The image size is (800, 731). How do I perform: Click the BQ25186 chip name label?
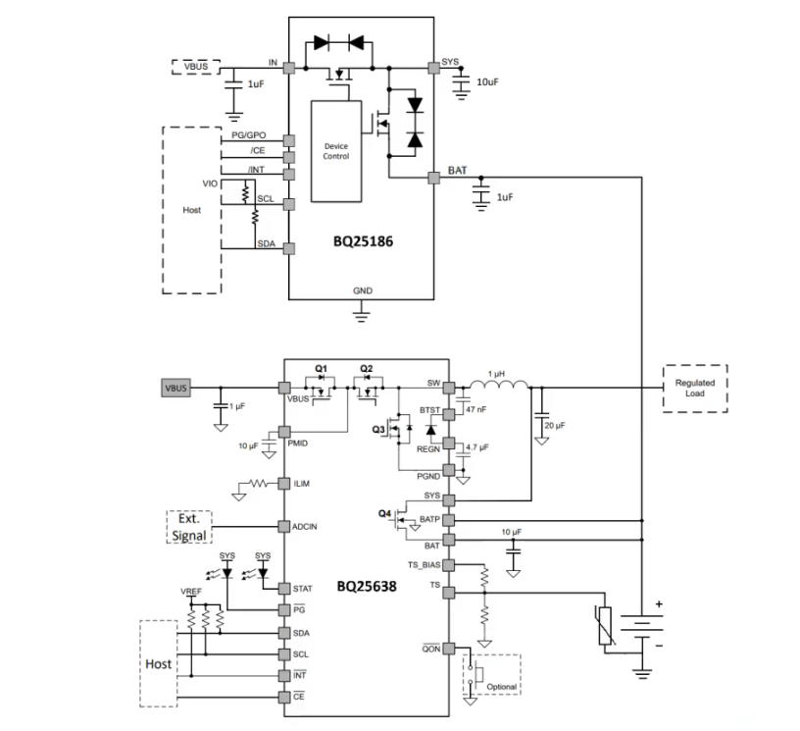pyautogui.click(x=364, y=241)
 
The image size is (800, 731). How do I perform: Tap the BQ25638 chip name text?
pyautogui.click(x=367, y=586)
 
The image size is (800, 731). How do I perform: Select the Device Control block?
pyautogui.click(x=336, y=151)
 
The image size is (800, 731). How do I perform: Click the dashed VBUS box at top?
pyautogui.click(x=196, y=67)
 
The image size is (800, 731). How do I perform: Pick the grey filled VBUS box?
pyautogui.click(x=176, y=388)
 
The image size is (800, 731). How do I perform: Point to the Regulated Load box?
pyautogui.click(x=695, y=388)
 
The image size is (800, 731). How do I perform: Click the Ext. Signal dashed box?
pyautogui.click(x=189, y=527)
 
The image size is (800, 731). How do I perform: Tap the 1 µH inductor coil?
pyautogui.click(x=499, y=385)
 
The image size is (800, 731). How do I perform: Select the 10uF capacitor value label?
pyautogui.click(x=487, y=82)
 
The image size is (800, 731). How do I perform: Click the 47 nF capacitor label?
pyautogui.click(x=476, y=409)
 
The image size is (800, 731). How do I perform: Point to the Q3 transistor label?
pyautogui.click(x=378, y=430)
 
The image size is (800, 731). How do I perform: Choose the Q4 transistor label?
pyautogui.click(x=384, y=513)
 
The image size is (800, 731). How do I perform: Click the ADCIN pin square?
pyautogui.click(x=283, y=526)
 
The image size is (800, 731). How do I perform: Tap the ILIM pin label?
pyautogui.click(x=302, y=484)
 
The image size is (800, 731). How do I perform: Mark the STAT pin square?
pyautogui.click(x=283, y=589)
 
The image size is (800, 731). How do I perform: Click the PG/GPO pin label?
pyautogui.click(x=248, y=135)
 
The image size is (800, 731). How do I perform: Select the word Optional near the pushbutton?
pyautogui.click(x=502, y=687)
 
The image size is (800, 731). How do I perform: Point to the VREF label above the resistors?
pyautogui.click(x=191, y=591)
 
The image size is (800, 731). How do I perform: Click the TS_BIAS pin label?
pyautogui.click(x=424, y=565)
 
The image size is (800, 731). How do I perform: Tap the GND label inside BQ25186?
pyautogui.click(x=363, y=290)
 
